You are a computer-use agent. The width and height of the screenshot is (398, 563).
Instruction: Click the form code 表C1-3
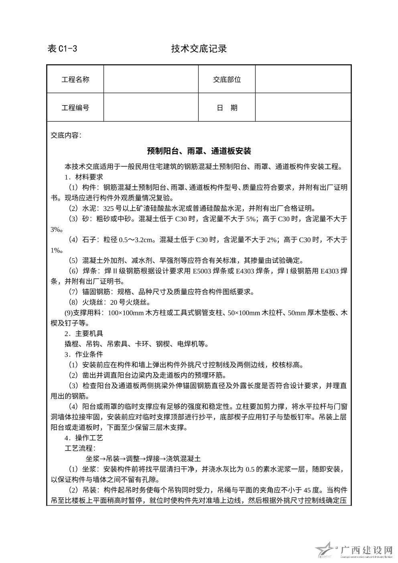62,49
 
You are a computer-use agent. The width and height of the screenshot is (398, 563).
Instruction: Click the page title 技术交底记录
199,49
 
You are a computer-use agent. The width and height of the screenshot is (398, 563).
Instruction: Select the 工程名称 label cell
75,79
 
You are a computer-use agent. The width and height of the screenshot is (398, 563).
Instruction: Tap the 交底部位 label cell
227,79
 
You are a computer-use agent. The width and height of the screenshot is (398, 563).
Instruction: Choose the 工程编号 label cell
75,108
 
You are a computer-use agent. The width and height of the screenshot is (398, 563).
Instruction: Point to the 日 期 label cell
227,108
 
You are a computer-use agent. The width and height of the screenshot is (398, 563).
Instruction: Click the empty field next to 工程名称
151,79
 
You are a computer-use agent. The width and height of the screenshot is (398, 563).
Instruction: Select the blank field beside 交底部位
303,79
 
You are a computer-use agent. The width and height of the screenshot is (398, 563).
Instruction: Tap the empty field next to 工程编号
151,108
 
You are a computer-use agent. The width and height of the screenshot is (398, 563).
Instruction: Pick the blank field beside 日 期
303,108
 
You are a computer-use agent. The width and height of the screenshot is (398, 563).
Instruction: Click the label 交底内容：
66,135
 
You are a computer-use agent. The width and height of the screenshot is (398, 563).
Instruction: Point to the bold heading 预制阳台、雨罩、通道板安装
199,151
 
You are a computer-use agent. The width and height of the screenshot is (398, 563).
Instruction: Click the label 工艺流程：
80,448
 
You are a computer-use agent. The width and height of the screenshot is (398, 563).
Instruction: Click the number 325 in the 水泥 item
109,208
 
